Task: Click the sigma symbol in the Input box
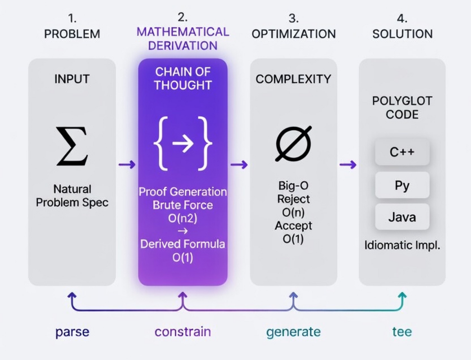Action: (x=72, y=147)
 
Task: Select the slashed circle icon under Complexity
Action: (x=293, y=144)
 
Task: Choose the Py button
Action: (x=402, y=185)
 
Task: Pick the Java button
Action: (x=402, y=217)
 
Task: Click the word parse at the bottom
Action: (x=72, y=332)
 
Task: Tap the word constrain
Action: (x=183, y=332)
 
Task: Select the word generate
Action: (x=293, y=332)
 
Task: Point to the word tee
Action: (x=402, y=332)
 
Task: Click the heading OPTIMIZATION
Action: (x=293, y=34)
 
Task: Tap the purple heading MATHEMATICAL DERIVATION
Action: (x=183, y=38)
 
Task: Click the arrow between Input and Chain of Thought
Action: (x=127, y=164)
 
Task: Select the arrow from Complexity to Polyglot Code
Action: (x=348, y=164)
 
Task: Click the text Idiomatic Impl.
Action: (x=402, y=246)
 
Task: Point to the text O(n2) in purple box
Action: (x=183, y=218)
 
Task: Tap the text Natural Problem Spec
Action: (x=72, y=196)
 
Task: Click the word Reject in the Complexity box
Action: (x=293, y=199)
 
